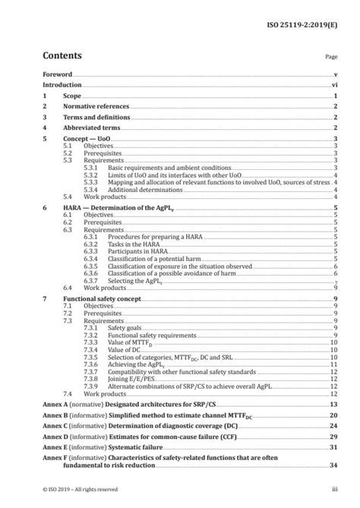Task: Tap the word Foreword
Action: (57, 75)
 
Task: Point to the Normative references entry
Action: (101, 108)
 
